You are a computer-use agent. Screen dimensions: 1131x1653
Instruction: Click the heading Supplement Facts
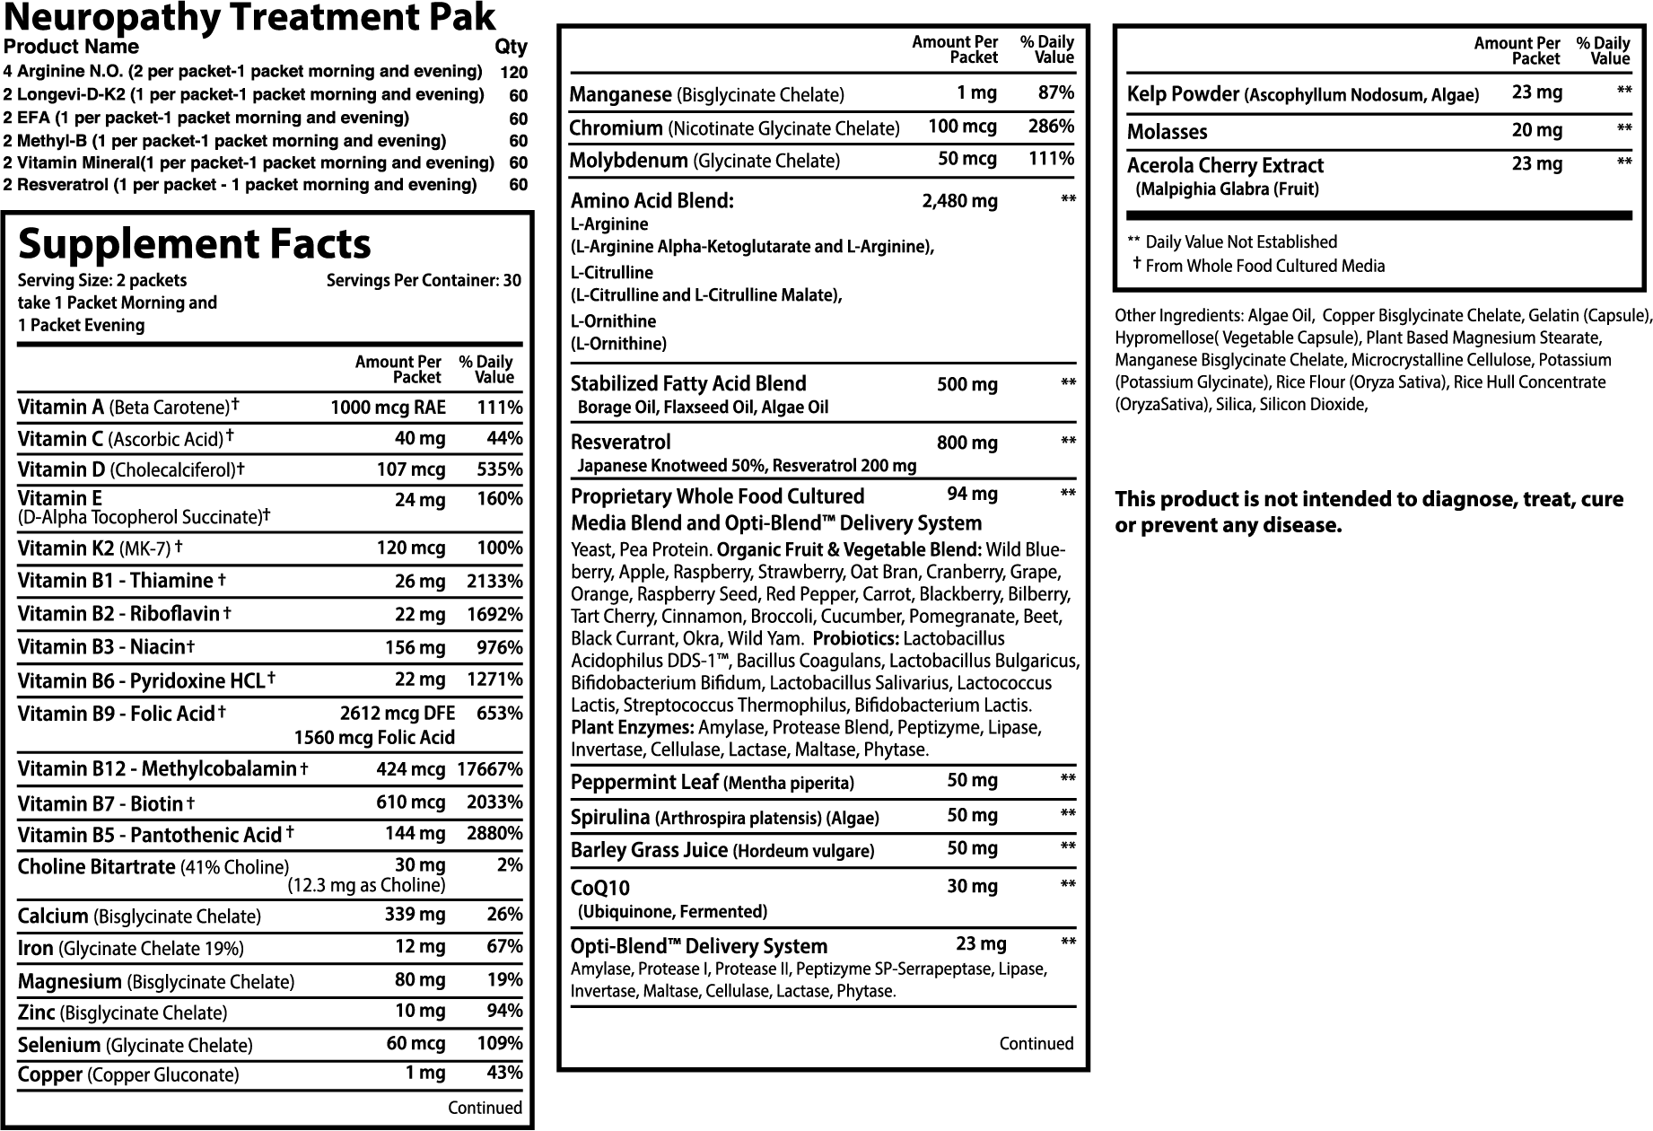(x=194, y=244)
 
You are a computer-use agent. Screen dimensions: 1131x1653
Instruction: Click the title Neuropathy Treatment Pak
(x=249, y=17)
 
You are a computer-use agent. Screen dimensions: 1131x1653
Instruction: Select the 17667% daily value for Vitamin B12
(x=489, y=769)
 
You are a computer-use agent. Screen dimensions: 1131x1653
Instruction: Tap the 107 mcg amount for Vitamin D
(x=411, y=469)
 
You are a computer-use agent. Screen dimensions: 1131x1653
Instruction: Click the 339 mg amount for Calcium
(x=420, y=915)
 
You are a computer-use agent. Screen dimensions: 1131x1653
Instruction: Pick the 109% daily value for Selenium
(x=502, y=1044)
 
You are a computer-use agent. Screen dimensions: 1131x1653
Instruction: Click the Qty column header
(x=511, y=47)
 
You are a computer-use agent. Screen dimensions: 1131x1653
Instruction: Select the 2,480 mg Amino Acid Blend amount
(x=959, y=201)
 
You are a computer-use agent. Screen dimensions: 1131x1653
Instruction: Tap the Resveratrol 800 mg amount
(x=966, y=443)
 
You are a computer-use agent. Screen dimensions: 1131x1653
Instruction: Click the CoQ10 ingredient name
(x=600, y=888)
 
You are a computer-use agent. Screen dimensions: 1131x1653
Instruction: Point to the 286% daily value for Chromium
(x=1052, y=127)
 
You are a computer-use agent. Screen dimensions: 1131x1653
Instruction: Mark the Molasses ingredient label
(x=1167, y=132)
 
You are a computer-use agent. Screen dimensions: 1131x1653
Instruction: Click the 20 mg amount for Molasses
(x=1536, y=130)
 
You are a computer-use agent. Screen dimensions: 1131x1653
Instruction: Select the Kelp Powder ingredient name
(x=1183, y=94)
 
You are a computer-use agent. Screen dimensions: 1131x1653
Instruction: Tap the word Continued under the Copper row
(x=485, y=1108)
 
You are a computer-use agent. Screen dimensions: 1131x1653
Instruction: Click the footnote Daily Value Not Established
(x=1240, y=241)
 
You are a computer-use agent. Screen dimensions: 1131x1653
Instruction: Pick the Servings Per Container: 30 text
(x=424, y=280)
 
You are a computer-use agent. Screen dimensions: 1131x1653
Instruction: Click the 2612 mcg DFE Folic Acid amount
(x=398, y=714)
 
